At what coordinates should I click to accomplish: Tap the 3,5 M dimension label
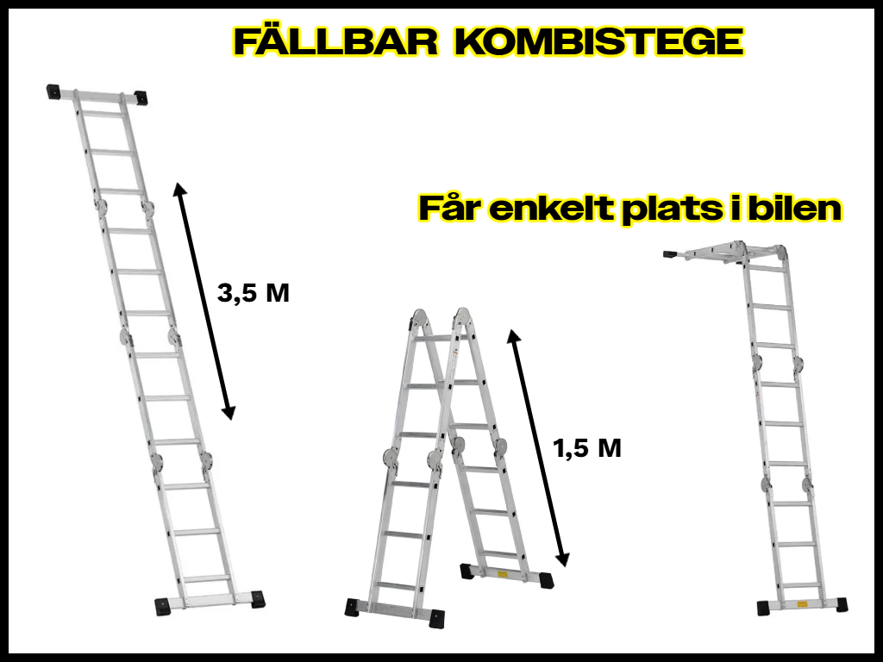254,293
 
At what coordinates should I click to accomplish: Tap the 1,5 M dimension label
587,448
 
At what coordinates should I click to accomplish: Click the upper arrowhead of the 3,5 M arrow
179,190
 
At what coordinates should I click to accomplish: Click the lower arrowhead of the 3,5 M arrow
228,413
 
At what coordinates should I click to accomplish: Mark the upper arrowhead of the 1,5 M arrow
514,337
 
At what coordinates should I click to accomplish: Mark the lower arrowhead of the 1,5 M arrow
562,559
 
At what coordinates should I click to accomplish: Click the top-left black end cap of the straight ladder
53,91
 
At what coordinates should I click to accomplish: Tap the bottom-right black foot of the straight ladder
257,599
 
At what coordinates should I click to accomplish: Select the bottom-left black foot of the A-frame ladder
352,608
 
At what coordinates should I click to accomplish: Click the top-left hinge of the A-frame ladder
420,318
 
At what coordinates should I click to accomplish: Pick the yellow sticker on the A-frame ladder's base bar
503,575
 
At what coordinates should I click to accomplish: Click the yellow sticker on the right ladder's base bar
802,604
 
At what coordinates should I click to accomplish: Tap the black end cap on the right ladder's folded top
671,254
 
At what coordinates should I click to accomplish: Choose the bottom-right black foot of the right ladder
841,604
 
